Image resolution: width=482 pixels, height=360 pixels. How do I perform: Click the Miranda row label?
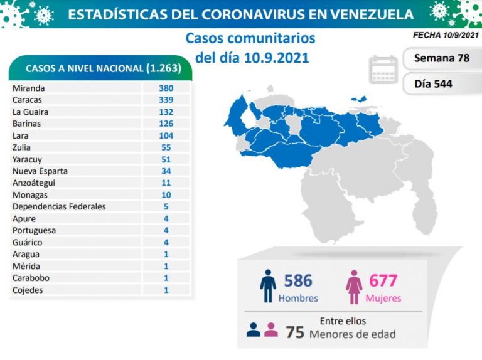[28, 88]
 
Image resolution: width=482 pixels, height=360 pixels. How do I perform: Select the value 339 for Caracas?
[166, 100]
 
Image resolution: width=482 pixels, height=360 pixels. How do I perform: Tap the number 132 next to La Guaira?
[166, 112]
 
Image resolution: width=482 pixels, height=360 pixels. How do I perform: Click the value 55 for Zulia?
[166, 147]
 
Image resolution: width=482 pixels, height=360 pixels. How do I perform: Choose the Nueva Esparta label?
[40, 171]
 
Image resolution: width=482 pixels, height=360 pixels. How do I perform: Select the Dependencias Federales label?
[59, 207]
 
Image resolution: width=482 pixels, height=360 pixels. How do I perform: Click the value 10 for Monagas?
[166, 195]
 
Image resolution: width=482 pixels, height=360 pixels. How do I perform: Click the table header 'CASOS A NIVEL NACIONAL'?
[84, 68]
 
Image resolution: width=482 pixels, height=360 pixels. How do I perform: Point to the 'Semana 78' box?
[442, 58]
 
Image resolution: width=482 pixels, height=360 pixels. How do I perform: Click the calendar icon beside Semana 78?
[384, 69]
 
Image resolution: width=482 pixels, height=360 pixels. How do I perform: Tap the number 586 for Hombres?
[297, 280]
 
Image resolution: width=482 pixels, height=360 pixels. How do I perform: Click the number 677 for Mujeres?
[383, 280]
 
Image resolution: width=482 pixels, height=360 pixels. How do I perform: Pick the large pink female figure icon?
[354, 286]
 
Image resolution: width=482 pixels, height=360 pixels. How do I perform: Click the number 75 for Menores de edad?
[294, 333]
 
